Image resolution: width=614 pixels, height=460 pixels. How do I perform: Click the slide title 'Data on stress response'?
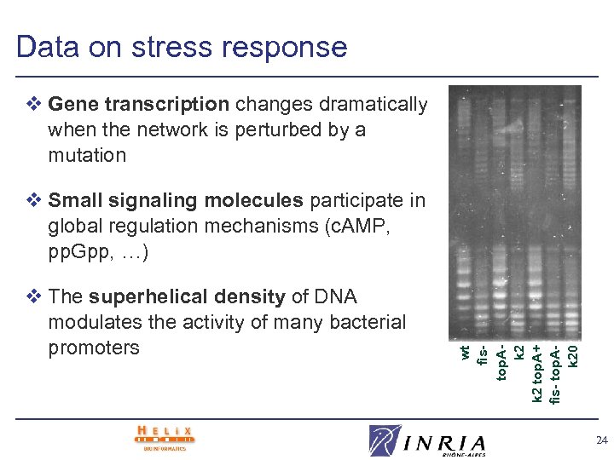click(x=181, y=47)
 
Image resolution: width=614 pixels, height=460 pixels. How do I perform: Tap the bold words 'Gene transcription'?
click(x=139, y=105)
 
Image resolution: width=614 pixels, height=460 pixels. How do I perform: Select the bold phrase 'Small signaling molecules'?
click(x=176, y=200)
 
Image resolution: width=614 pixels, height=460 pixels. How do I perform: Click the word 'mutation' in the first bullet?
click(x=87, y=155)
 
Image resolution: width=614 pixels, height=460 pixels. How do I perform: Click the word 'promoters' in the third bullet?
click(x=93, y=348)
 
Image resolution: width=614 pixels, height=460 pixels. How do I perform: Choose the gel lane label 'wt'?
click(x=465, y=352)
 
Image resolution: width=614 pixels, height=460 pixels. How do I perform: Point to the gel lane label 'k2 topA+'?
click(x=537, y=373)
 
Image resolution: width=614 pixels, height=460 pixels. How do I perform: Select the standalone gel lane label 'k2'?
click(x=518, y=352)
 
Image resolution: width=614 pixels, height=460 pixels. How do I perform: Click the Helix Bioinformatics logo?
click(x=165, y=438)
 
